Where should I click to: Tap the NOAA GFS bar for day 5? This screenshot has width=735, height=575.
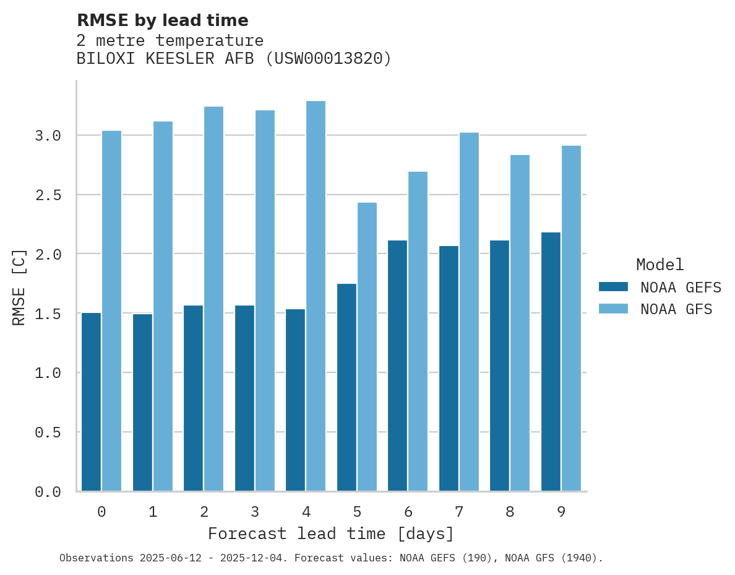click(367, 346)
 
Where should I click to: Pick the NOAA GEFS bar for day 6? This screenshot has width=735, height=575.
click(397, 366)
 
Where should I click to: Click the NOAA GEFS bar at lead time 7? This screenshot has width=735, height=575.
click(449, 368)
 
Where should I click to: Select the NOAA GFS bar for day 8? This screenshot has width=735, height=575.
click(520, 322)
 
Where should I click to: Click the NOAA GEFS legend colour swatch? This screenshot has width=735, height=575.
click(613, 287)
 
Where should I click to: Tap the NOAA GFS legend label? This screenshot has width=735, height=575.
click(676, 309)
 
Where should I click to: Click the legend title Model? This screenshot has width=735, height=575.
click(660, 265)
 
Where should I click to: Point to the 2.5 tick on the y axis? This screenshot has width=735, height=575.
click(48, 195)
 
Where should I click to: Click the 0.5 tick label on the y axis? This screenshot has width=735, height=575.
click(48, 432)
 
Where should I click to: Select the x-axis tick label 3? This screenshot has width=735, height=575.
click(255, 512)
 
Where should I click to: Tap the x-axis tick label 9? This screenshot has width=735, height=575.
click(561, 512)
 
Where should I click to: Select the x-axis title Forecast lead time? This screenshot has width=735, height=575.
click(331, 533)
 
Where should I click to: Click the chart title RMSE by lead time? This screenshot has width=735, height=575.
click(162, 20)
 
